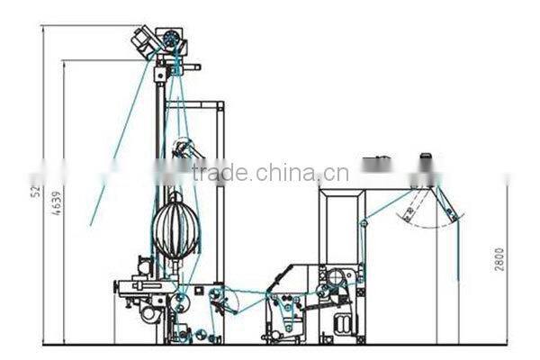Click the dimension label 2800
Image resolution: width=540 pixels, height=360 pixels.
[x=499, y=258]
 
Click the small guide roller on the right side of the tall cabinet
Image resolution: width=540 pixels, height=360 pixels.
[x=364, y=222]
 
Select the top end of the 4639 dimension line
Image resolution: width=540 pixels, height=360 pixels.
[x=64, y=60]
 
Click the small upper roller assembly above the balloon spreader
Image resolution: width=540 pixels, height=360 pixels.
[x=184, y=149]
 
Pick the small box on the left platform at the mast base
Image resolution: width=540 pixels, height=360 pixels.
[x=145, y=267]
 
